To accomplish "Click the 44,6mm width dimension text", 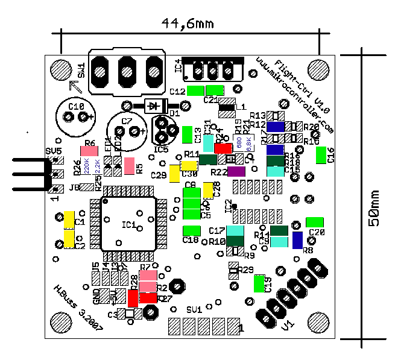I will click(x=188, y=24).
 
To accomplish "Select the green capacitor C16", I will click(x=321, y=156).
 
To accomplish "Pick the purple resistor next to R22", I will click(x=236, y=171).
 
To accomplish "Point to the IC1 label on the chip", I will click(x=128, y=225).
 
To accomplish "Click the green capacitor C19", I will click(x=259, y=283).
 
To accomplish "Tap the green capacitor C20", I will click(x=315, y=222).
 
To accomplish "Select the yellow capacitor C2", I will click(x=69, y=239).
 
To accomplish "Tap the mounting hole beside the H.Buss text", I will click(x=60, y=320).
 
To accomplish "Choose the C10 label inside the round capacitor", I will click(x=76, y=106).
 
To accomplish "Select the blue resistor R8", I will click(x=297, y=240).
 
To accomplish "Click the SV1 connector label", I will click(x=194, y=309).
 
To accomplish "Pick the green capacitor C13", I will click(x=187, y=133).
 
